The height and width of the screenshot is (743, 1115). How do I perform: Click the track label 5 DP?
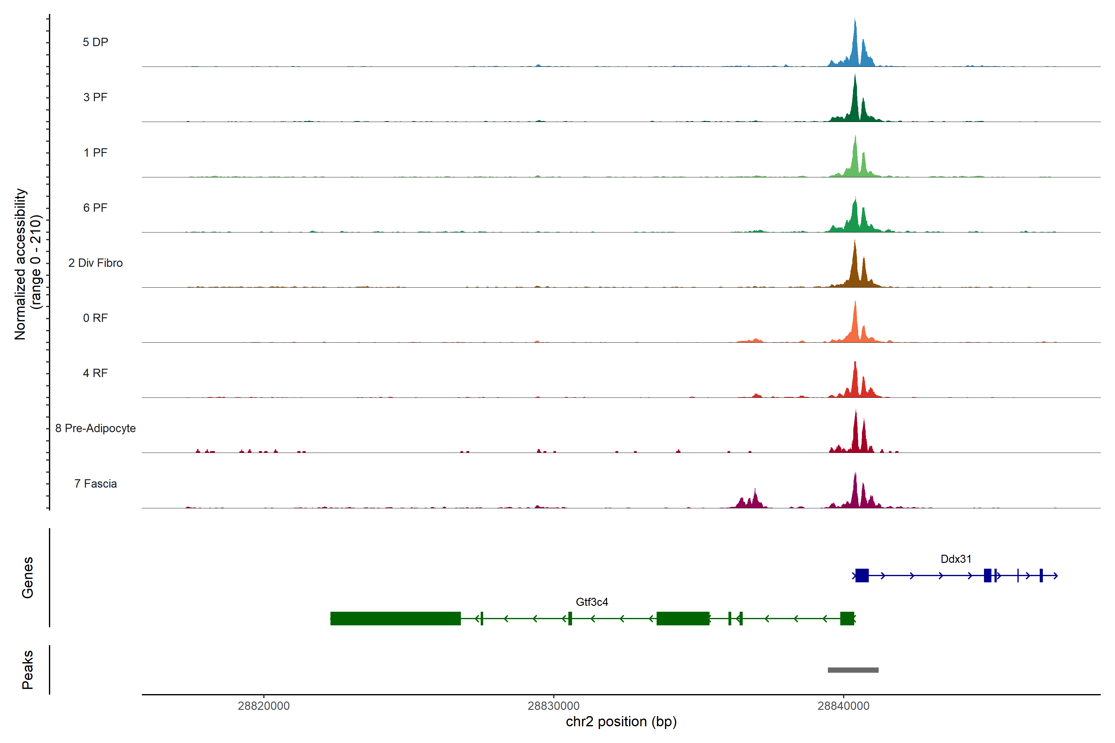pyautogui.click(x=95, y=42)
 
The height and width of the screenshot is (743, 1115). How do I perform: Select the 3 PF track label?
pyautogui.click(x=95, y=97)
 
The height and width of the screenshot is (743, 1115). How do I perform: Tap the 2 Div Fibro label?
pyautogui.click(x=95, y=263)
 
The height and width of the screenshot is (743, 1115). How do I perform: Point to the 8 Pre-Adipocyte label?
pyautogui.click(x=95, y=428)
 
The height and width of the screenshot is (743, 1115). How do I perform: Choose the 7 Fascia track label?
pyautogui.click(x=95, y=484)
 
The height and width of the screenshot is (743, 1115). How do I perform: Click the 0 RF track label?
pyautogui.click(x=95, y=318)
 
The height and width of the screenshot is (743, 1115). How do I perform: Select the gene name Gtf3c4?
pyautogui.click(x=592, y=602)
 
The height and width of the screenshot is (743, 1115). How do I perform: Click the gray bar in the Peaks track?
pyautogui.click(x=853, y=670)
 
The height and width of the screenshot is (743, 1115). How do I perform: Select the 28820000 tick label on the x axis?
pyautogui.click(x=264, y=706)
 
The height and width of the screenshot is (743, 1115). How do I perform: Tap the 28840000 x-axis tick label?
pyautogui.click(x=843, y=706)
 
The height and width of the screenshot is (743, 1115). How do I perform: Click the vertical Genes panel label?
pyautogui.click(x=28, y=578)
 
